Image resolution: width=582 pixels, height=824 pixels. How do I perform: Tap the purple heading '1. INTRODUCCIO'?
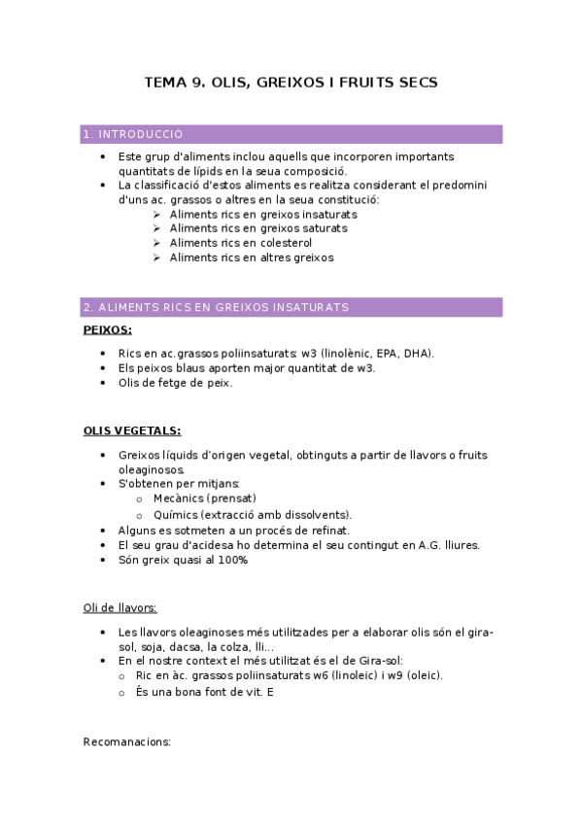point(133,134)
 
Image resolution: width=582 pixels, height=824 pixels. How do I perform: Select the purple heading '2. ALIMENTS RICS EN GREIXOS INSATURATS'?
point(216,307)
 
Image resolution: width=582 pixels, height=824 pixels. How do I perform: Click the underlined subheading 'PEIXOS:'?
point(108,329)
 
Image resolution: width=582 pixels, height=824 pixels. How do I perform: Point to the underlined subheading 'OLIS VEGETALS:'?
point(132,430)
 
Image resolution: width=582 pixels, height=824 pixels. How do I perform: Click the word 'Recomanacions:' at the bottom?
point(127,741)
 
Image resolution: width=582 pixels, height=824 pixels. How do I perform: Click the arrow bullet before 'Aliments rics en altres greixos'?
point(156,258)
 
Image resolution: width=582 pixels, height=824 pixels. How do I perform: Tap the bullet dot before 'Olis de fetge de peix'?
point(104,383)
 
